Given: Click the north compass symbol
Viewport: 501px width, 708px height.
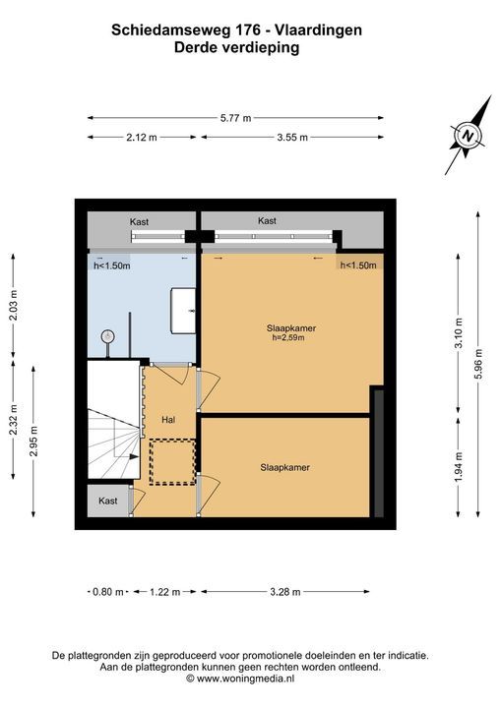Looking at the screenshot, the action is [468, 136].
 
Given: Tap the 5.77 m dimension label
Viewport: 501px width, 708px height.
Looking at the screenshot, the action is [235, 118].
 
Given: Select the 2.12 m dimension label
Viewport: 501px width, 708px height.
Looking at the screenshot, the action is [142, 138].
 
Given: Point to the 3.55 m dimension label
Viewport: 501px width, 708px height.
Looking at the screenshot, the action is [292, 138].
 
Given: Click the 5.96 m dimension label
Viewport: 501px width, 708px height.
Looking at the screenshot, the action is [478, 365].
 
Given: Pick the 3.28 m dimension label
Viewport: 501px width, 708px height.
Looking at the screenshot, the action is [284, 592].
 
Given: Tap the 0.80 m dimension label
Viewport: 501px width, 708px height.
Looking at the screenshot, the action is [107, 592].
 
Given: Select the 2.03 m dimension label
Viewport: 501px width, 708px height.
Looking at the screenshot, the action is [14, 305].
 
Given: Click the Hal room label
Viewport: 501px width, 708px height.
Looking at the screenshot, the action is [168, 420].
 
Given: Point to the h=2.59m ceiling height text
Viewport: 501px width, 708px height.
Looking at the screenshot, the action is [285, 337].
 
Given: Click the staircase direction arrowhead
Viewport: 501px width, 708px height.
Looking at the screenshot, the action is [134, 456].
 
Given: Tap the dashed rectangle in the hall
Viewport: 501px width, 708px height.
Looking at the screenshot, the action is [172, 462].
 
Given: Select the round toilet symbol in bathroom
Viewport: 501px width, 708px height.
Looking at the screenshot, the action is [107, 336].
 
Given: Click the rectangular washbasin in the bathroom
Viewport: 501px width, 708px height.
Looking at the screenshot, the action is [183, 311].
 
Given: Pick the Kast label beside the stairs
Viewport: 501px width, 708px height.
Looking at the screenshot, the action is [108, 501].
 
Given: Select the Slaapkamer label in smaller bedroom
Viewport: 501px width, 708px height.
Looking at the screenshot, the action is [284, 468].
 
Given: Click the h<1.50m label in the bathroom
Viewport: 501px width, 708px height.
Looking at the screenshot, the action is [111, 265].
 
